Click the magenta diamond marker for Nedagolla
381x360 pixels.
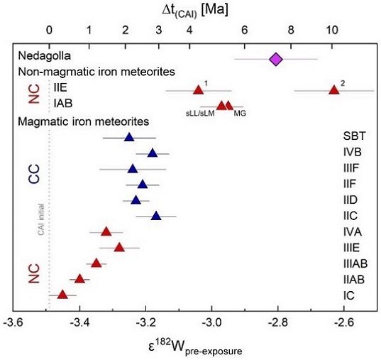pos(276,58)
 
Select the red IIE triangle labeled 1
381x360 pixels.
pos(199,89)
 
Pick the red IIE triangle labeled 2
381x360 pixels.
pos(333,89)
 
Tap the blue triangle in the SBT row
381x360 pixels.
pos(128,137)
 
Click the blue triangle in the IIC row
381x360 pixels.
pos(156,215)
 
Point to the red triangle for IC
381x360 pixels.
pos(62,294)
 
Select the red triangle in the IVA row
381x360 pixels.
pos(106,231)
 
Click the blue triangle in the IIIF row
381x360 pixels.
pos(132,168)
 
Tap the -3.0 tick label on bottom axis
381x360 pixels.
pos(212,323)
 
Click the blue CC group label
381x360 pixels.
pos(33,175)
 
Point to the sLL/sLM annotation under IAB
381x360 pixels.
pos(199,113)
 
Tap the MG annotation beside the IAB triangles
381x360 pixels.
pos(240,113)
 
